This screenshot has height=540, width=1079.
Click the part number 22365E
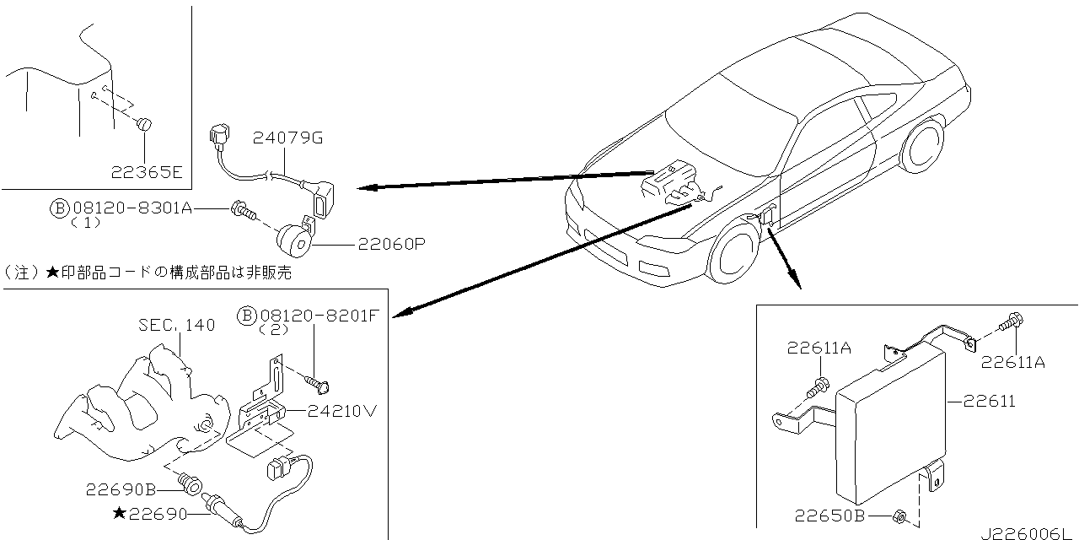click(146, 173)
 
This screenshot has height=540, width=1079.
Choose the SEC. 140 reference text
click(177, 325)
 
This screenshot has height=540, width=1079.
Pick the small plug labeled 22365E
click(144, 124)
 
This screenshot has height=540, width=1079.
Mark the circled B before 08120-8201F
click(247, 316)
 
